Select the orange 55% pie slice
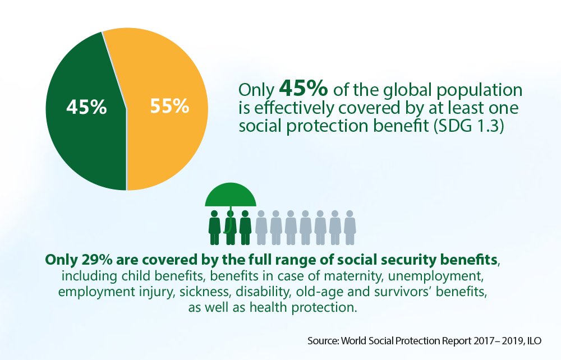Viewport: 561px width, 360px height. [x=168, y=140]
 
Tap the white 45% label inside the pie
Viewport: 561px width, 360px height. [x=86, y=107]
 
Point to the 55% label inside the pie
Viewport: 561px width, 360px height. [x=169, y=106]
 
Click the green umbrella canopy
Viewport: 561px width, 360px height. [x=230, y=196]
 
